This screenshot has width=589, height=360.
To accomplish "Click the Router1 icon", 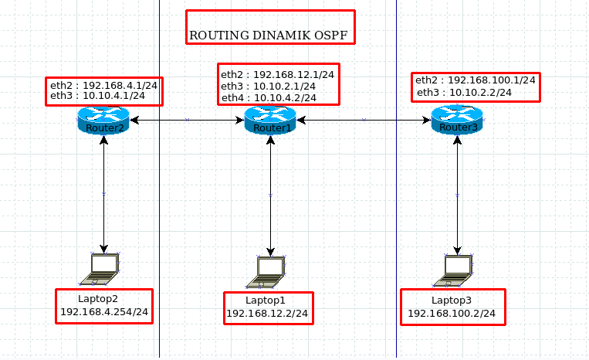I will pos(270,121).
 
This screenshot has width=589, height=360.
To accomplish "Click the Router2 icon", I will pos(103,121).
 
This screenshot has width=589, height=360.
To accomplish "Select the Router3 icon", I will pos(457,120).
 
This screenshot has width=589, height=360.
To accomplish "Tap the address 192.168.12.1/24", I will pos(293,75).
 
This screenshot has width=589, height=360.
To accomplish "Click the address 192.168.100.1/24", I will pos(491,80).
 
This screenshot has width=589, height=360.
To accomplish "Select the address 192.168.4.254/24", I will pos(104,314).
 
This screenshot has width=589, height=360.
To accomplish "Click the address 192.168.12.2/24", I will pos(267,314).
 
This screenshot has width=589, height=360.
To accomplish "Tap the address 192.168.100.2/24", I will pos(452,314).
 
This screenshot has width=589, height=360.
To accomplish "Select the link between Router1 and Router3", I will pos(364,120).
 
